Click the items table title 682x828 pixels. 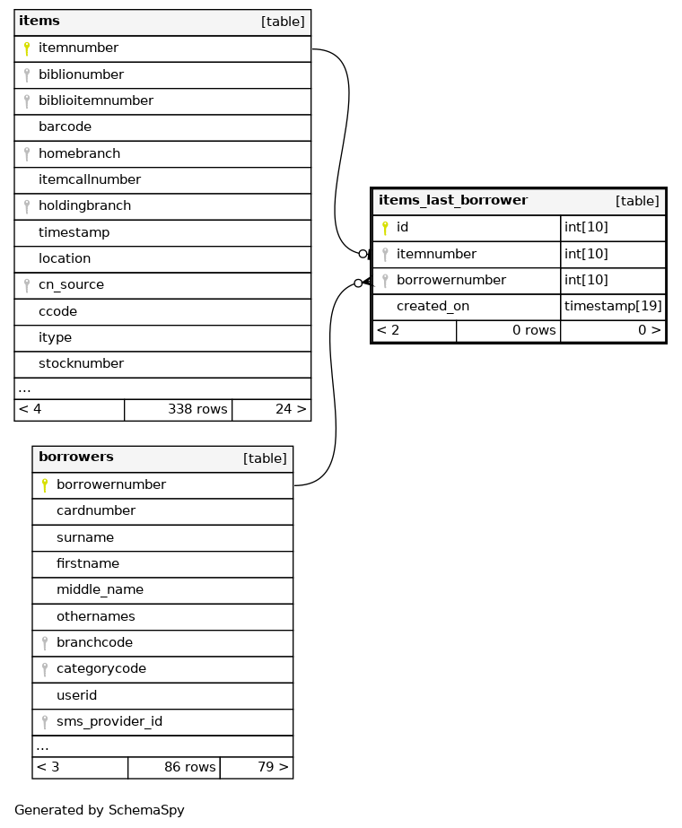39,22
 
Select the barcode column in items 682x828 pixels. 65,127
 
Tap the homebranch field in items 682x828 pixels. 79,153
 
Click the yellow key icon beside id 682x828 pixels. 385,228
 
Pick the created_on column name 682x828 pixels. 433,307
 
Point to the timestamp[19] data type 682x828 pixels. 613,307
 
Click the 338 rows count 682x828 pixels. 197,410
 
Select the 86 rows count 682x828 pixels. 189,768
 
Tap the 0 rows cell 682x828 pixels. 533,331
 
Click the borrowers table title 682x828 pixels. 76,458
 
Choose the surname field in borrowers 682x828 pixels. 85,538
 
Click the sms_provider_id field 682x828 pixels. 109,722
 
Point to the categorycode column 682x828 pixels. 101,669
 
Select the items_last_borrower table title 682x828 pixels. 453,201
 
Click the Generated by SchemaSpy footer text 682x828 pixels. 100,811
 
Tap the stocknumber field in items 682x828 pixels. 81,364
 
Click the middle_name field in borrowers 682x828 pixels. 100,590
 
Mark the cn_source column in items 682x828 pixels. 71,285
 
